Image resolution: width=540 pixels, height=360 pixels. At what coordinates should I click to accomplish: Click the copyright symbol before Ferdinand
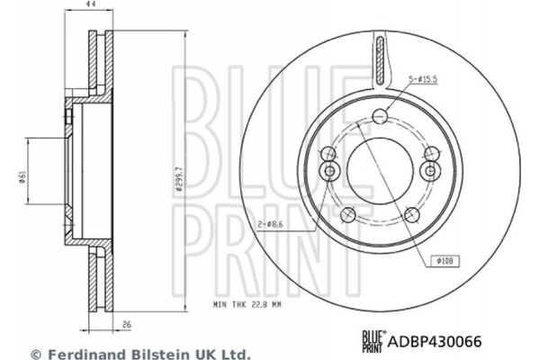pyautogui.click(x=36, y=355)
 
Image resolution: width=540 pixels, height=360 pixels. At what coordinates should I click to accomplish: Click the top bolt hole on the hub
pyautogui.click(x=382, y=114)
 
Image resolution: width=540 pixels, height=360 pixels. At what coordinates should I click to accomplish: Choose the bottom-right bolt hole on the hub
pyautogui.click(x=413, y=213)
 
